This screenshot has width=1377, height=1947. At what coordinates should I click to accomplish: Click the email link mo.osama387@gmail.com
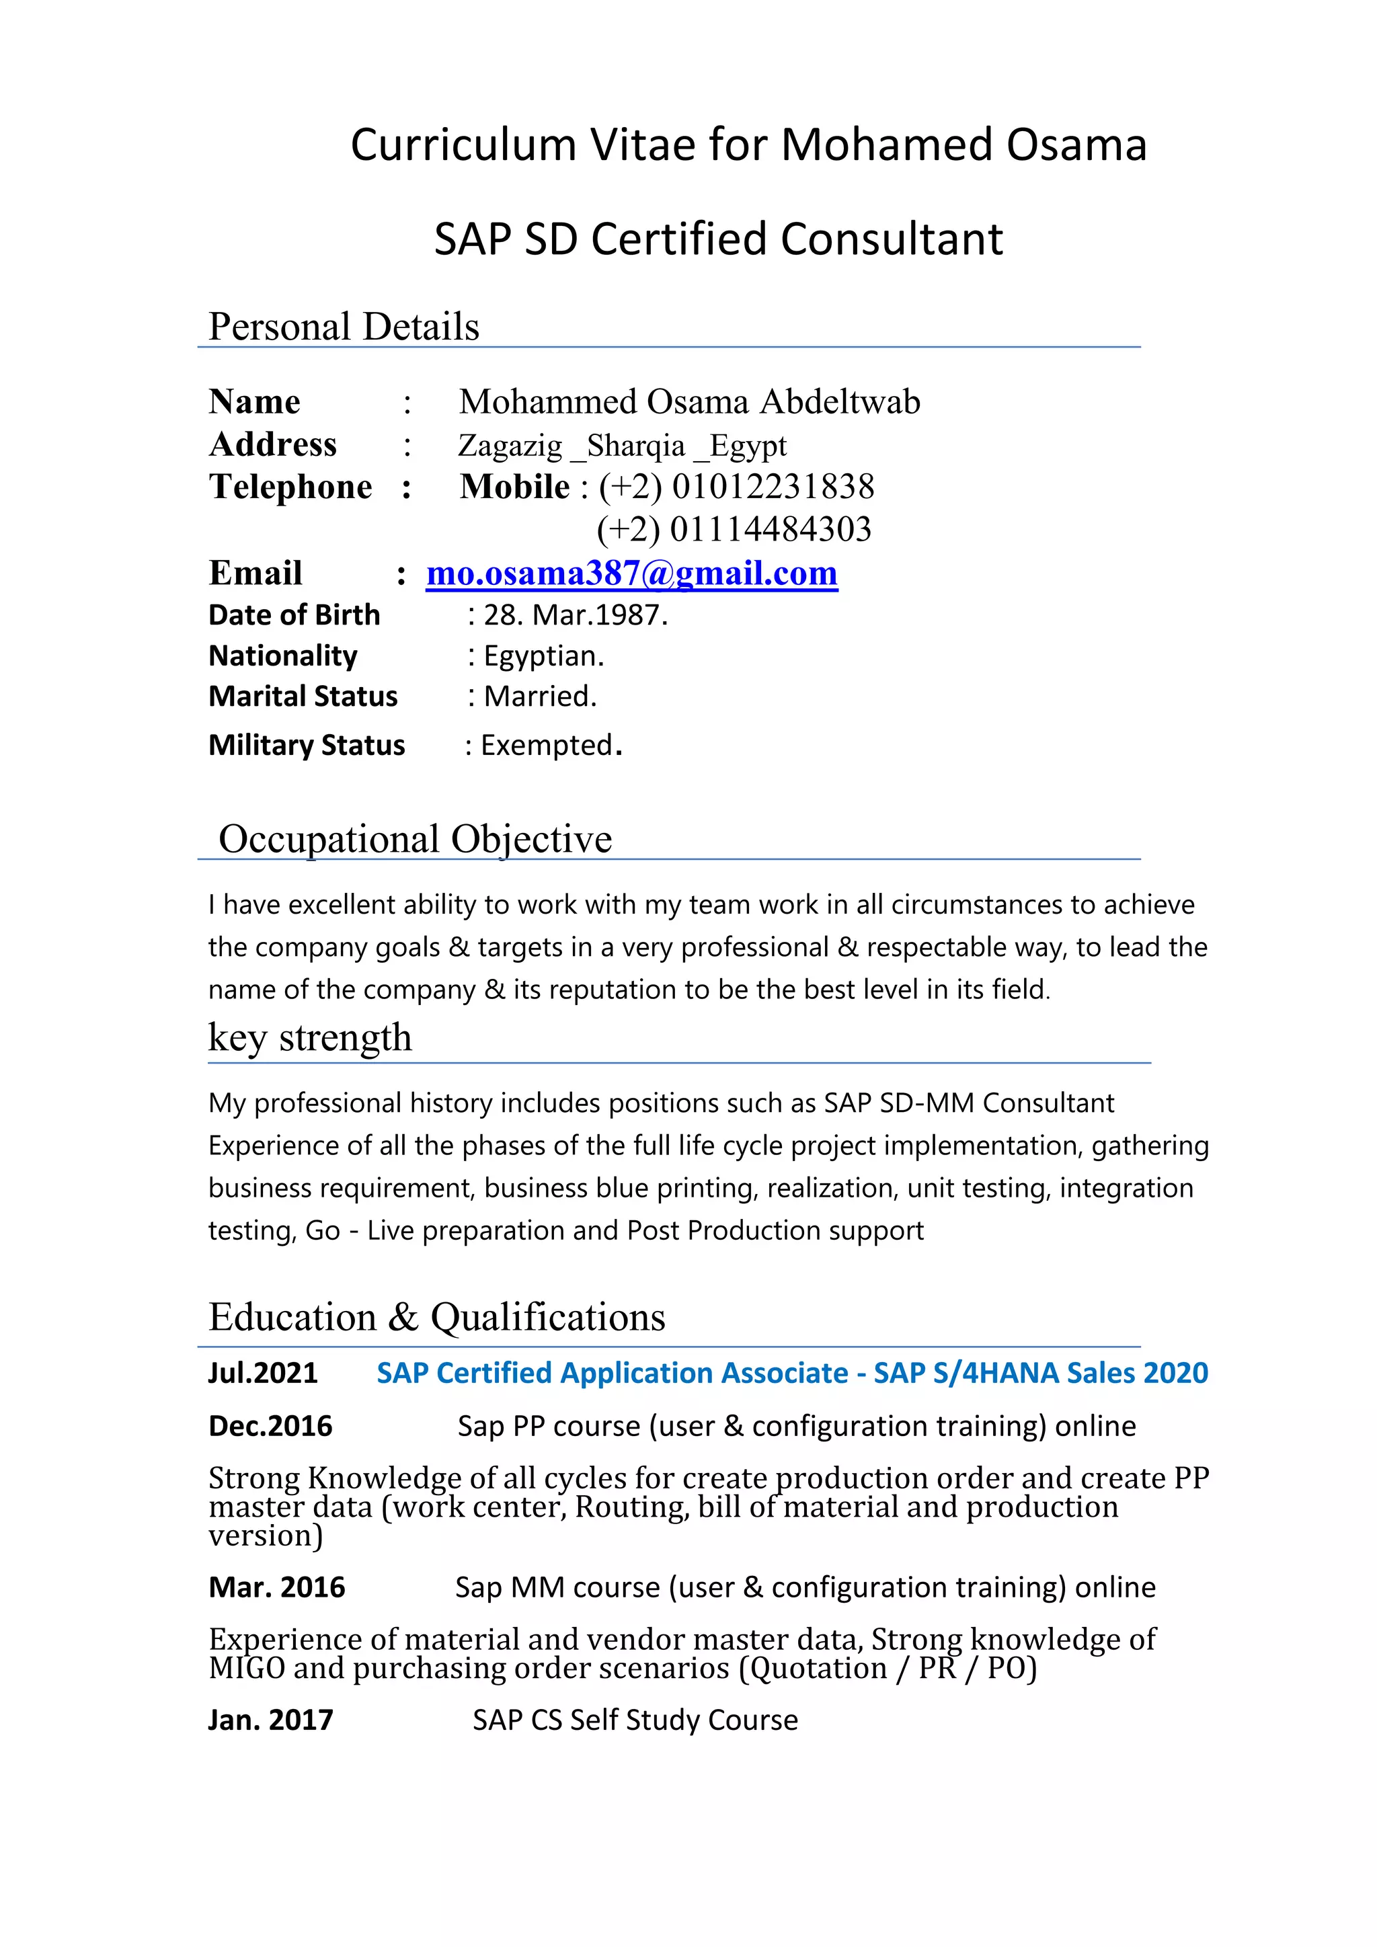632,574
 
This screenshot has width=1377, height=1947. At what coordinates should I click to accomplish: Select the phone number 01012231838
773,487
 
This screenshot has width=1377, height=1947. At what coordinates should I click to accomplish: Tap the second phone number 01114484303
770,530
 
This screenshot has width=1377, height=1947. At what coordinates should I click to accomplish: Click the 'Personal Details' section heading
344,327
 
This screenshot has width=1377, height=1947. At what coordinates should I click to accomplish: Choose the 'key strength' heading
311,1038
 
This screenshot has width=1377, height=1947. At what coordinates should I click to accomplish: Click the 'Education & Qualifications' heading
436,1318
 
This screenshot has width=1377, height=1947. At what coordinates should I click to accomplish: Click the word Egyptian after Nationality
543,656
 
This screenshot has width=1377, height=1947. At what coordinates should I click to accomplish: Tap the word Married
539,697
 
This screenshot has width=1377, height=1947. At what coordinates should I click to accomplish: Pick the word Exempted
547,746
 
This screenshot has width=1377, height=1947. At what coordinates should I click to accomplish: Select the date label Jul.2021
263,1373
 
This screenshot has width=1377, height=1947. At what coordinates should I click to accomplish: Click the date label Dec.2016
270,1427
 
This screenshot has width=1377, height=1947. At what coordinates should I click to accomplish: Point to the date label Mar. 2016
276,1587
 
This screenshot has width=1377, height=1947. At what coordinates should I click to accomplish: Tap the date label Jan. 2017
270,1720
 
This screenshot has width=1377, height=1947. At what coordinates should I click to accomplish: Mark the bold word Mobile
514,487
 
